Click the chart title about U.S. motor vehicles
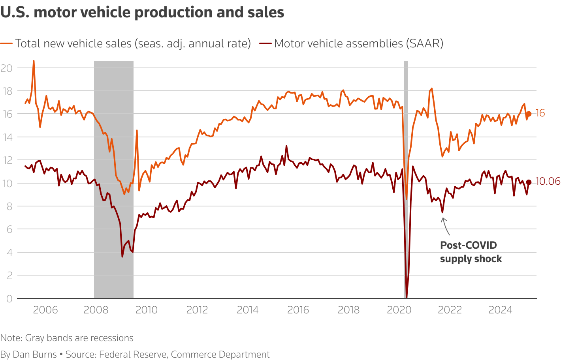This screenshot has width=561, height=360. [x=142, y=13]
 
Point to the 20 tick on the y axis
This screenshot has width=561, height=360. [x=7, y=68]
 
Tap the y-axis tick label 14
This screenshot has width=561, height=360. [x=7, y=137]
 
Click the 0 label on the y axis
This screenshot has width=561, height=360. [x=9, y=298]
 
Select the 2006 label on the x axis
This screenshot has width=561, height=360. [x=45, y=310]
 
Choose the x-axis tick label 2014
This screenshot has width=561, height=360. [x=248, y=310]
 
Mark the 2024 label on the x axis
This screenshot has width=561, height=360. [x=500, y=310]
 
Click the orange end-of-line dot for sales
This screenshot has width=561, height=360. [x=529, y=114]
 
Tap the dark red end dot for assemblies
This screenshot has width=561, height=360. [x=529, y=182]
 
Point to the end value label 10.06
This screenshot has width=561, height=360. [x=548, y=182]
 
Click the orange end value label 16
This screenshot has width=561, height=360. [x=540, y=113]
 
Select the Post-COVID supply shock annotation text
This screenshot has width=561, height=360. [x=471, y=252]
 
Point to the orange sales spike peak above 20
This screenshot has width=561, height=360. [x=34, y=61]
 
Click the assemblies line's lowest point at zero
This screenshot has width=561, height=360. [x=407, y=297]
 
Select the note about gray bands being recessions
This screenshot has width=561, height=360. [x=67, y=338]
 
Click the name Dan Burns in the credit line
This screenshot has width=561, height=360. [x=35, y=354]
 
